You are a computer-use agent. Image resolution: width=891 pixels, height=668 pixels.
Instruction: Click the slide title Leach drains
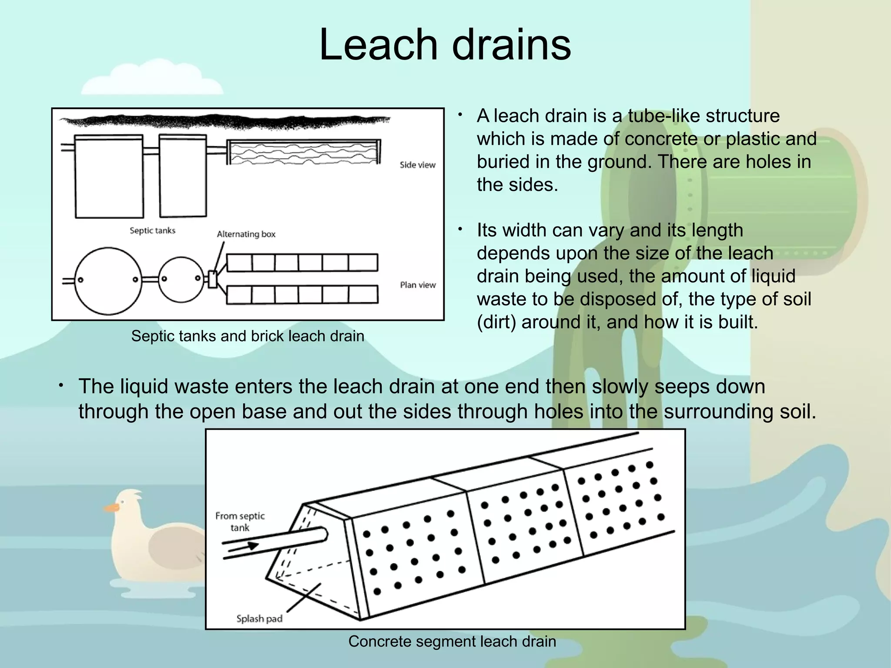(x=445, y=45)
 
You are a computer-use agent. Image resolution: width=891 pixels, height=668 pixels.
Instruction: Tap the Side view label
(x=417, y=165)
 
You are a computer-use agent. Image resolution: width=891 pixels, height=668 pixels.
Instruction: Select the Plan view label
(x=418, y=285)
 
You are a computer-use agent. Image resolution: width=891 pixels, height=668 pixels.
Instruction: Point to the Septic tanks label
(x=152, y=230)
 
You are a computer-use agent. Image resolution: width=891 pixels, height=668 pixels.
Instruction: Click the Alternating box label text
(x=246, y=234)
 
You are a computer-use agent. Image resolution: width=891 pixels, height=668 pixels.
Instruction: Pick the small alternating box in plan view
(x=213, y=279)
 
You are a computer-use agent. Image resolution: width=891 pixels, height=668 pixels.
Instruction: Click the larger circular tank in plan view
(x=108, y=281)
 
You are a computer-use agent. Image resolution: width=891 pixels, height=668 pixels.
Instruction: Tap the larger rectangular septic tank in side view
(x=109, y=176)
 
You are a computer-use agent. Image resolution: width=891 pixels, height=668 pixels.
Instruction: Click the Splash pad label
(x=259, y=618)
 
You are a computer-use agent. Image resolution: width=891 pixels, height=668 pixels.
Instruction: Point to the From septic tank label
(x=240, y=521)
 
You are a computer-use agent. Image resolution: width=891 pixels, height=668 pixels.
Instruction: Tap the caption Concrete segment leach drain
(x=452, y=641)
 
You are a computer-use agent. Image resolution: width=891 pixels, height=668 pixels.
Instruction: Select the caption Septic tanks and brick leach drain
(x=248, y=336)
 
